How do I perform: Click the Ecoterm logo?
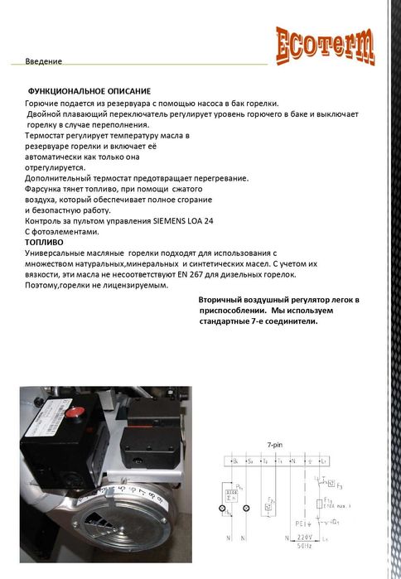(x=325, y=45)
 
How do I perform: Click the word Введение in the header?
(x=43, y=62)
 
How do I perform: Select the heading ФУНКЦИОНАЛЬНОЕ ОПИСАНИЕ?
(x=89, y=89)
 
